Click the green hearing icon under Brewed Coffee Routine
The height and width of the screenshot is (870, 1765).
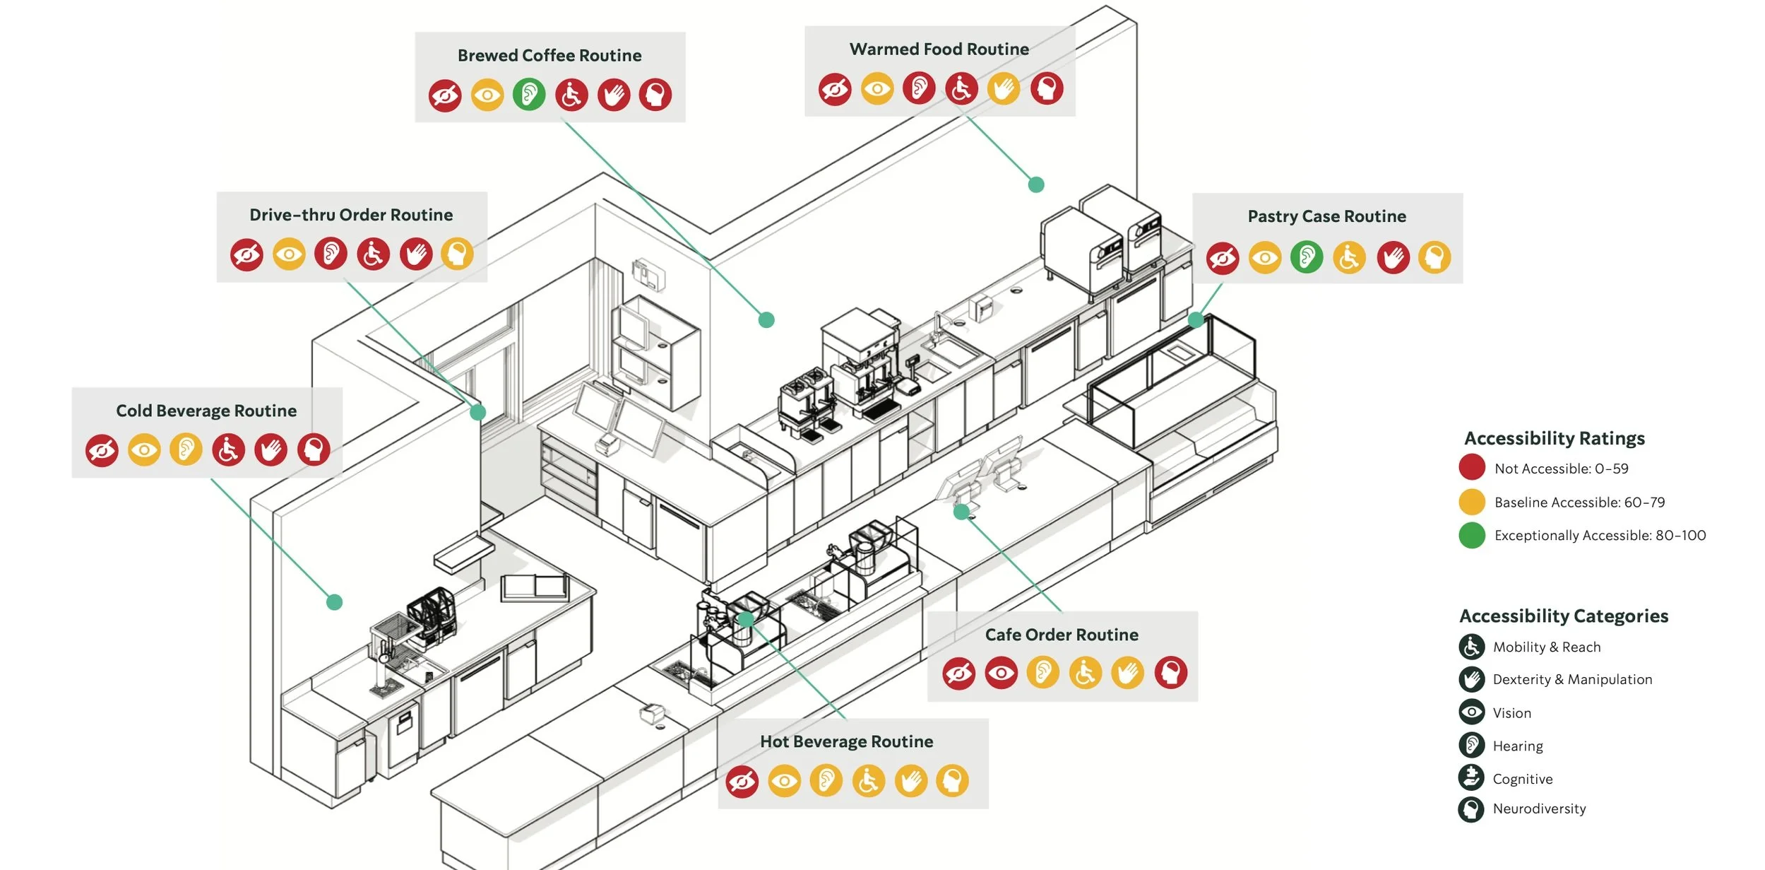529,94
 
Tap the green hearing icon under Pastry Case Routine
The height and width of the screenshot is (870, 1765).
1307,257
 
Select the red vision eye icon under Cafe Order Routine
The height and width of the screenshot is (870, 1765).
1001,673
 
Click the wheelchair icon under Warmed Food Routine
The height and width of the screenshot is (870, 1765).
962,88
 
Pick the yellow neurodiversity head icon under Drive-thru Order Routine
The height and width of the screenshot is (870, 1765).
458,254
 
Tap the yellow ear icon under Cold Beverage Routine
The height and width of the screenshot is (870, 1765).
186,449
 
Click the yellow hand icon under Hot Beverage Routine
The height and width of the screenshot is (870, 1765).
911,781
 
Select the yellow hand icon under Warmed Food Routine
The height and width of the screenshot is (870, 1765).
1004,88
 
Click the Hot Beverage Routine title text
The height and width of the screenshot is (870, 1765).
846,741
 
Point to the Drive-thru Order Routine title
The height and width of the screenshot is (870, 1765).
351,215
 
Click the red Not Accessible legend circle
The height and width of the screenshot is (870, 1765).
1472,468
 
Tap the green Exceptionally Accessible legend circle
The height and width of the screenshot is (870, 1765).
1472,535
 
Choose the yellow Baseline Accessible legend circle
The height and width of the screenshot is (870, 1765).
1472,502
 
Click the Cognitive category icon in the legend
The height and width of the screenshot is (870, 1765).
1471,777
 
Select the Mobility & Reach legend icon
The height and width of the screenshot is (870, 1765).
1471,646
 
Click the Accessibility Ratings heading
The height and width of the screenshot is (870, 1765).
1554,438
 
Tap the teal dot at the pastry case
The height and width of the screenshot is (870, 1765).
1196,319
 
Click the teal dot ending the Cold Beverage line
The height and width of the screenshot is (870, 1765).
335,602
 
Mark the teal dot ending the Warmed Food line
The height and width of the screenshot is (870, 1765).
1036,184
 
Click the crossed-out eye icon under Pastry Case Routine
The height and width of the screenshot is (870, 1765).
1223,258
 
